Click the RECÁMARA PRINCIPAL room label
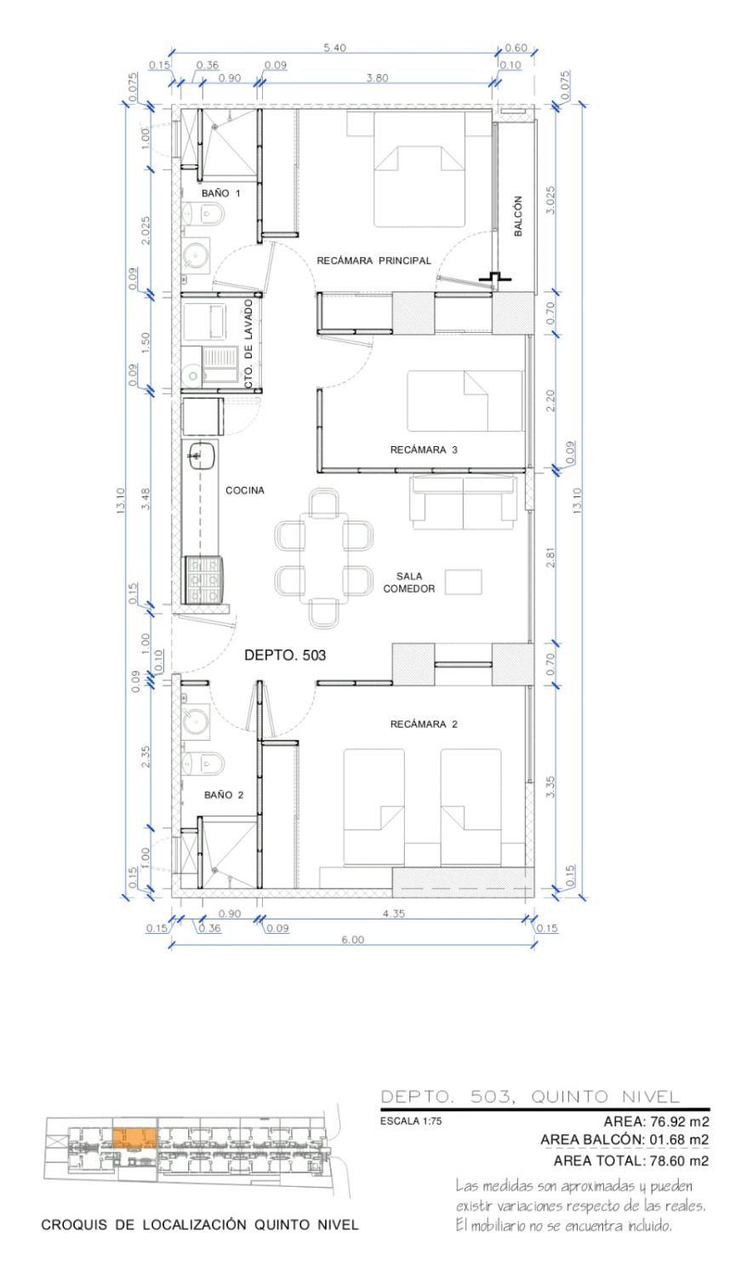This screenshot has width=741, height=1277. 373,261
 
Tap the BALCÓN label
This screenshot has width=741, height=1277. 518,216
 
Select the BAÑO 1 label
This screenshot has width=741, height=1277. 221,193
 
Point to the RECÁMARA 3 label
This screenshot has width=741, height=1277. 424,450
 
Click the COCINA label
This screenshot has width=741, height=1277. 245,490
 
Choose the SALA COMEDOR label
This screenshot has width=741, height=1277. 409,582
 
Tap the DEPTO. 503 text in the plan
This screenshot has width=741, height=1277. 285,655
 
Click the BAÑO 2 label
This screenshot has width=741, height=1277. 224,794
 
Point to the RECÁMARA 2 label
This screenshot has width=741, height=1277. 424,724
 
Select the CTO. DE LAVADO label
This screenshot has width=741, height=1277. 248,344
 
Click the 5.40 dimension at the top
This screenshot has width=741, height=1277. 335,48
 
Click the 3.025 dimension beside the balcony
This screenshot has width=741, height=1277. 550,199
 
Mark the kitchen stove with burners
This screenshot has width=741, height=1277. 202,580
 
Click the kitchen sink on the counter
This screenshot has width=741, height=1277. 202,455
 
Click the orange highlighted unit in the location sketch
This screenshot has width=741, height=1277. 134,1137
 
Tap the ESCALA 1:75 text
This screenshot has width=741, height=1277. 411,1121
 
